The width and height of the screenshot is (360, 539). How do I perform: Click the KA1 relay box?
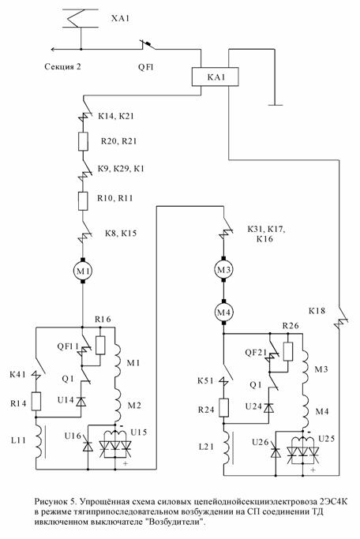(x=215, y=77)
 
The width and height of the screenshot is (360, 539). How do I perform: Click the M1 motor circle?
(x=83, y=271)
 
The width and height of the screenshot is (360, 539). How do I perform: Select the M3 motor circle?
(x=223, y=270)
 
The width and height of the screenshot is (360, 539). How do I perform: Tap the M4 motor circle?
(x=223, y=313)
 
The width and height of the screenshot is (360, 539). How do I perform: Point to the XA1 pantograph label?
(x=120, y=18)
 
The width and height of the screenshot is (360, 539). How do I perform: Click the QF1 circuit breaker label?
(x=146, y=67)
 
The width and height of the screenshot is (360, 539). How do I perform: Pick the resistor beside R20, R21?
(x=83, y=141)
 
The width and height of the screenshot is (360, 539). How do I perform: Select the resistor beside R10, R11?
(x=83, y=201)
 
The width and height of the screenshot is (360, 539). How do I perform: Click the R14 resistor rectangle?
(x=36, y=401)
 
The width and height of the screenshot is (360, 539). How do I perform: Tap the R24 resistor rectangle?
(x=224, y=408)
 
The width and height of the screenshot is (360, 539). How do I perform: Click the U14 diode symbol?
(x=81, y=401)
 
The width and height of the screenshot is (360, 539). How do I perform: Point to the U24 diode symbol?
(x=269, y=408)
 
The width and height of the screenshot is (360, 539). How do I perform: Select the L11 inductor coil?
(x=39, y=441)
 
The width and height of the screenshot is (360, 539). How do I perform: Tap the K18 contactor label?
(x=317, y=311)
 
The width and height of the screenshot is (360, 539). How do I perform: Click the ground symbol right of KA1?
(x=275, y=105)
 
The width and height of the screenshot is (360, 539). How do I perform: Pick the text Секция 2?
(x=62, y=66)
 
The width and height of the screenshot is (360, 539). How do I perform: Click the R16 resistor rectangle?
(x=100, y=346)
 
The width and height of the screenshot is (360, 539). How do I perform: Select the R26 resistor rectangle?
(x=288, y=351)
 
